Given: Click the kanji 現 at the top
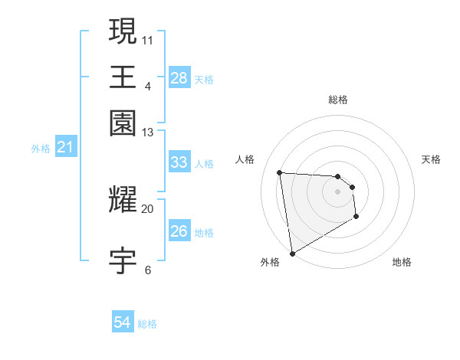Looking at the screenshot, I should [x=123, y=31].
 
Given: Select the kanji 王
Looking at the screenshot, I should [x=123, y=77].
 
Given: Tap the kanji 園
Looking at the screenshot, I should [x=123, y=123].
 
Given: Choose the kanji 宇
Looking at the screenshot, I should [x=123, y=261].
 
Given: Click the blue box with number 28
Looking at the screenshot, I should [x=179, y=78].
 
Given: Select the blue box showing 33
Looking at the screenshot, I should [x=179, y=162].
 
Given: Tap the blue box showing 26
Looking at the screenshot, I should [x=179, y=231].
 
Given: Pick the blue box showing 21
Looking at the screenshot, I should [x=65, y=147].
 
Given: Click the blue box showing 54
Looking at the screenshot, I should [x=123, y=322].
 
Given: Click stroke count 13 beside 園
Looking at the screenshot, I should [x=147, y=133].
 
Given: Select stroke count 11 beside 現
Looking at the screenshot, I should [x=147, y=38].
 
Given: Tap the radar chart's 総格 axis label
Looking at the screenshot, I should [x=337, y=100].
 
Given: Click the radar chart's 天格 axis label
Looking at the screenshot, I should [x=431, y=159].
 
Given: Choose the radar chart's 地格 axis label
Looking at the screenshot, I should [x=402, y=262].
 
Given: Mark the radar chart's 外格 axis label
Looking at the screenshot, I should [x=270, y=262].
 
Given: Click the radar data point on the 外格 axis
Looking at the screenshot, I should [x=292, y=253].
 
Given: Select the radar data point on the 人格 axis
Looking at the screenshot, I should [x=280, y=172].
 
